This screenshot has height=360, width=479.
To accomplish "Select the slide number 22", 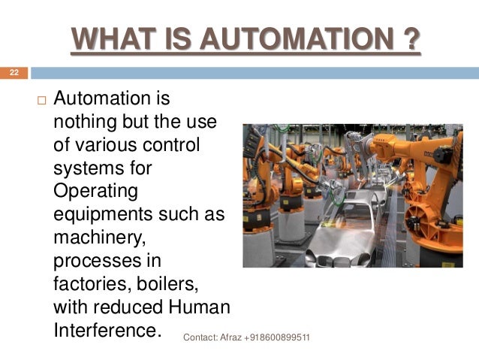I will (13, 73).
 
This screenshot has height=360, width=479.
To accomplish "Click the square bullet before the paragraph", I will (40, 101).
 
